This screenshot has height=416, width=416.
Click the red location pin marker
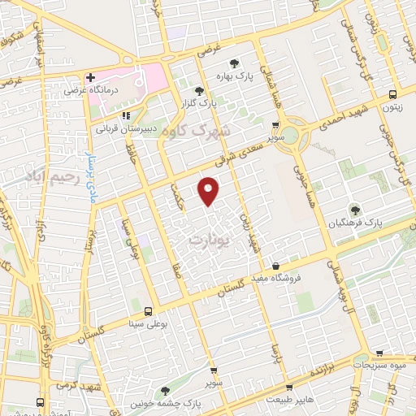[209, 190]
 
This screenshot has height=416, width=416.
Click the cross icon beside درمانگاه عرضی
[91, 79]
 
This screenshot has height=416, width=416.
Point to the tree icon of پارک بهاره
[234, 63]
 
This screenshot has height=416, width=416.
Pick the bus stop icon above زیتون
[393, 93]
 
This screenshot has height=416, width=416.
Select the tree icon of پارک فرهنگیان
[354, 210]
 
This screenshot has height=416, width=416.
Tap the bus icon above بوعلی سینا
[148, 310]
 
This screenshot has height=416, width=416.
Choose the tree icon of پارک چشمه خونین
[166, 392]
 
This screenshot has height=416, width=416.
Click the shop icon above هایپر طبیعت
[289, 388]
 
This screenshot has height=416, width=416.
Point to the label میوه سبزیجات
[384, 366]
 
